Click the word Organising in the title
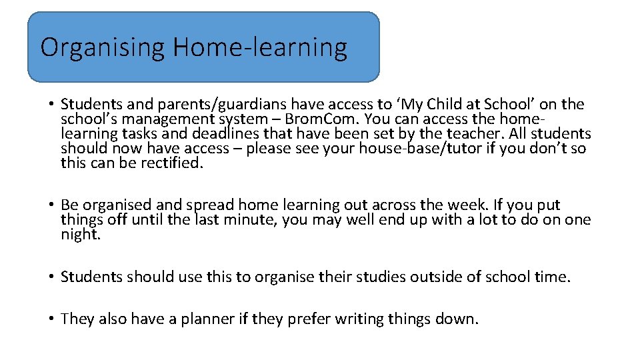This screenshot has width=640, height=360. coord(102,48)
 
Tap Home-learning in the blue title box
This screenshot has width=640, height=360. coord(260,48)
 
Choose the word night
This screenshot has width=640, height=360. coord(80,234)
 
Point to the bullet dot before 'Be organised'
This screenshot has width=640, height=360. coord(51,205)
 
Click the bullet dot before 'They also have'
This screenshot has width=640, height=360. coord(51,319)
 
